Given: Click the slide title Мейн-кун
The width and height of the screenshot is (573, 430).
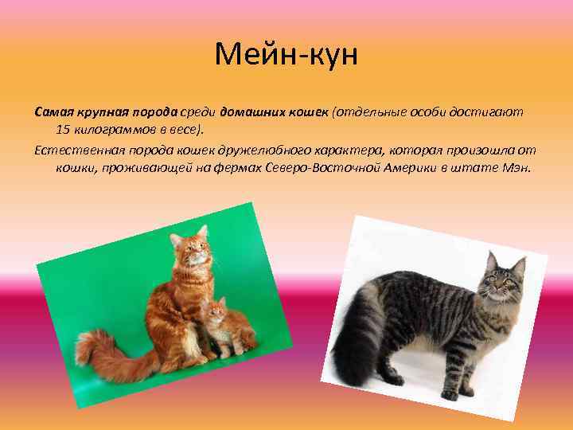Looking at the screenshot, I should point(286,56).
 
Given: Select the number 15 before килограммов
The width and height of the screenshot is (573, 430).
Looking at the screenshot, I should point(64,129).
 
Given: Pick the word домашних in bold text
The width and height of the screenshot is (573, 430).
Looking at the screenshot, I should point(251,111).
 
